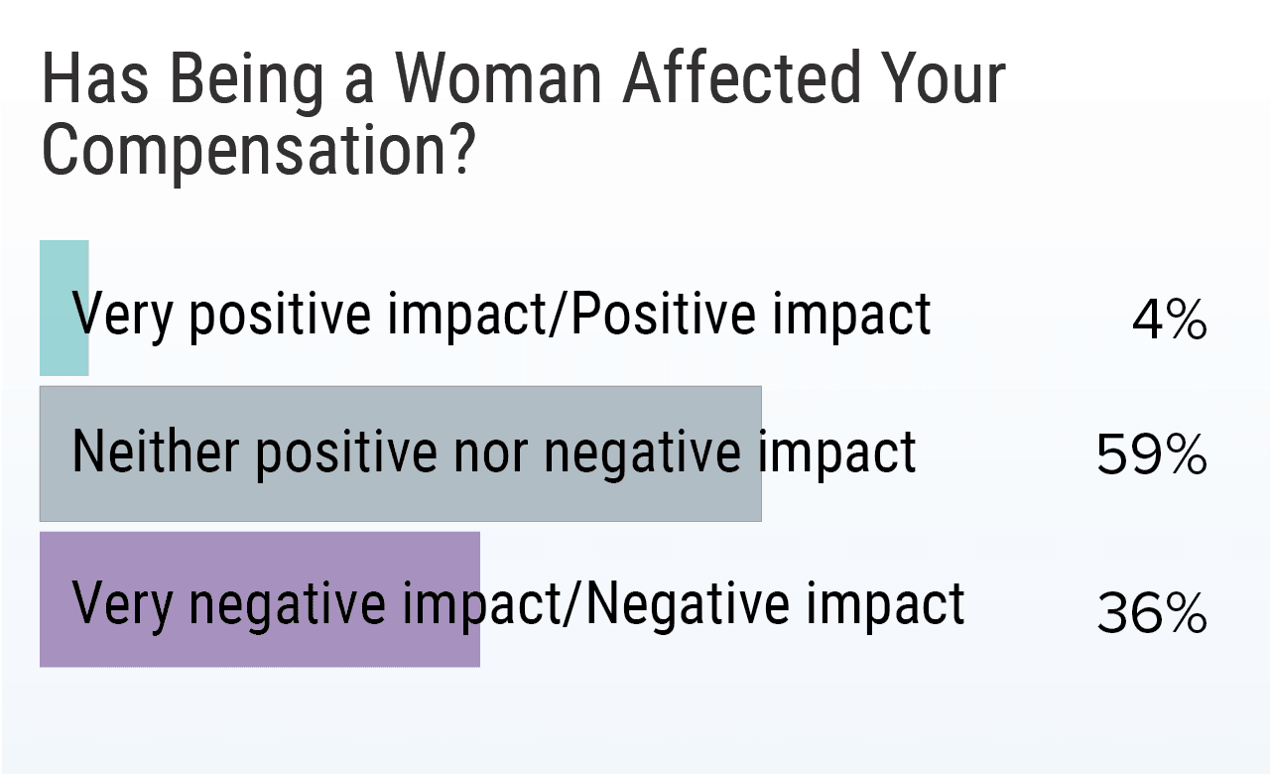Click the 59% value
point(1151,456)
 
